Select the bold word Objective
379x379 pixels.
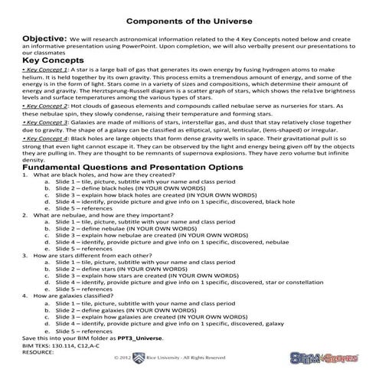click(47, 37)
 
